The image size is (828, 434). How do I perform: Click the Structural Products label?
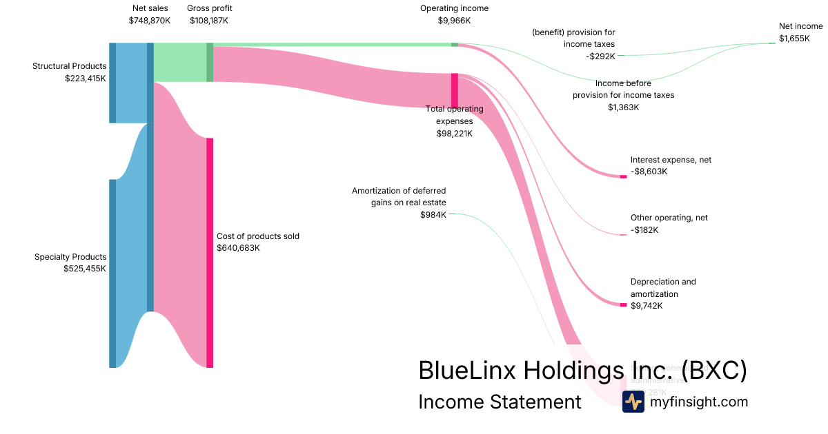pyautogui.click(x=69, y=66)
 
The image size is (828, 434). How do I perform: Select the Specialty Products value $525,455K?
pyautogui.click(x=84, y=269)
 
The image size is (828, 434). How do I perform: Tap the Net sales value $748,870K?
pyautogui.click(x=149, y=21)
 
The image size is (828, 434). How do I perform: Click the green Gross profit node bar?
pyautogui.click(x=210, y=62)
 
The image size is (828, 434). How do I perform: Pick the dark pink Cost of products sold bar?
pyautogui.click(x=210, y=252)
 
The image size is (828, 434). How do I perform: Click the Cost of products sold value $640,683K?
pyautogui.click(x=238, y=248)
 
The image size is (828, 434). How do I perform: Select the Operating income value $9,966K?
pyautogui.click(x=454, y=21)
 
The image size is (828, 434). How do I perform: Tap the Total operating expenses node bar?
pyautogui.click(x=454, y=90)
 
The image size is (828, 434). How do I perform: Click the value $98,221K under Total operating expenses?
pyautogui.click(x=454, y=134)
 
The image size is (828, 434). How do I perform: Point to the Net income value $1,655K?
pyautogui.click(x=794, y=39)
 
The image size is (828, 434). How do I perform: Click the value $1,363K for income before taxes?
pyautogui.click(x=623, y=107)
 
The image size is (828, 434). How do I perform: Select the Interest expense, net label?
pyautogui.click(x=671, y=160)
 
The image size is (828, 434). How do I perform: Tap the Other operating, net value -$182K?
pyautogui.click(x=644, y=230)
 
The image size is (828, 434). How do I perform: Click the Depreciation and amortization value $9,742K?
pyautogui.click(x=647, y=306)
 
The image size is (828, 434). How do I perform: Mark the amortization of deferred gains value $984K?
pyautogui.click(x=433, y=215)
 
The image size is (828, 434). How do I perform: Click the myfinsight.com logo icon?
pyautogui.click(x=633, y=402)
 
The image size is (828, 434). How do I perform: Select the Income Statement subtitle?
pyautogui.click(x=500, y=402)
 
